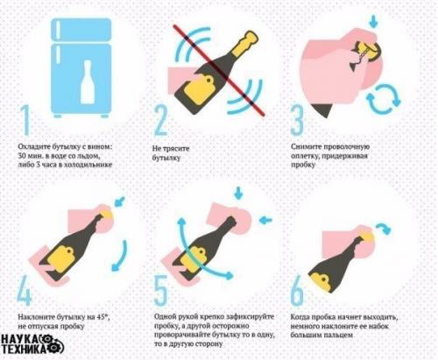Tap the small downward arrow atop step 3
[x=374, y=18]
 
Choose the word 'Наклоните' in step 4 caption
[x=39, y=314]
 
